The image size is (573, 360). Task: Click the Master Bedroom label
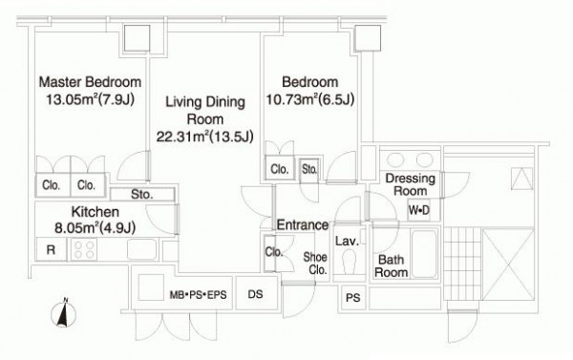[x=90, y=82]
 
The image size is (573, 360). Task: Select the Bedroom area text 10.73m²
[x=291, y=99]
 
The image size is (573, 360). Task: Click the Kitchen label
[x=95, y=212]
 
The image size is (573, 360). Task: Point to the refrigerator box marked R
[x=52, y=249]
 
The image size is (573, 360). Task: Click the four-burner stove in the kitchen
[x=84, y=249]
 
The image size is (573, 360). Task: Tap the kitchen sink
[x=141, y=249]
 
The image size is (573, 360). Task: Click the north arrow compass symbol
[x=64, y=313]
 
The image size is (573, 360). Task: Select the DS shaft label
[x=255, y=294]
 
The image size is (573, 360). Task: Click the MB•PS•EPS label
[x=198, y=294]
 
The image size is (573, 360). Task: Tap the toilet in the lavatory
[x=349, y=262]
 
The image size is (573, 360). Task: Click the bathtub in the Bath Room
[x=424, y=254]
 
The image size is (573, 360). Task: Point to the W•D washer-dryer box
[x=419, y=210]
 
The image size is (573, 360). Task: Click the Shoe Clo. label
[x=315, y=264]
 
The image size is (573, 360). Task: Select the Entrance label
[x=303, y=224]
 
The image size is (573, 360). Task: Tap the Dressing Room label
[x=410, y=184]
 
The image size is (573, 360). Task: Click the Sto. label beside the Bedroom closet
[x=309, y=169]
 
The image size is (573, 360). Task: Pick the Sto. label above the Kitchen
[x=141, y=195]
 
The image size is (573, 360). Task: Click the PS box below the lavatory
[x=353, y=298]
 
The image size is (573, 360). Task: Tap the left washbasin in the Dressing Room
[x=395, y=159]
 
